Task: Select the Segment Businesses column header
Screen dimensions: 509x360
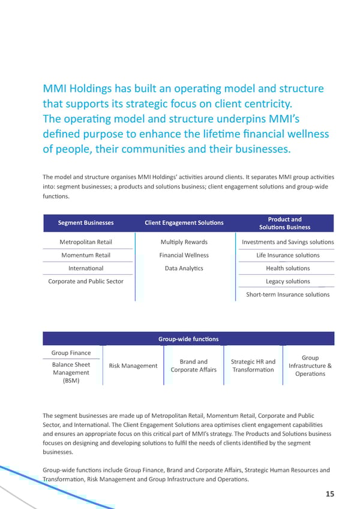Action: (x=86, y=223)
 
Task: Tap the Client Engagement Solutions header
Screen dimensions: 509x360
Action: (x=184, y=223)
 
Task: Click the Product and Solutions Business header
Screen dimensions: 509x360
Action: (x=284, y=223)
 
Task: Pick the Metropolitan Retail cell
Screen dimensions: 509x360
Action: (x=86, y=242)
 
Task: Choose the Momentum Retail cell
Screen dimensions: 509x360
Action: (x=86, y=255)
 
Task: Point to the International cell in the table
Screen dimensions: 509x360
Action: (x=86, y=268)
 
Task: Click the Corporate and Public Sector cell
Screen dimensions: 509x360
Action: (x=86, y=282)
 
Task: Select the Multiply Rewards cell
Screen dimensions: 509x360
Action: (x=184, y=242)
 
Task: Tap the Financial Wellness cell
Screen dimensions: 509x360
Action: (x=184, y=255)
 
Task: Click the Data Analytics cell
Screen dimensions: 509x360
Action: (x=184, y=268)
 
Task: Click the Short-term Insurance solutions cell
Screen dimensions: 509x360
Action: (x=288, y=295)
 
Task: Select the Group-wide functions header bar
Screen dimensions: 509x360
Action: (x=188, y=339)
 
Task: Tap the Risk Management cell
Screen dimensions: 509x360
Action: (x=133, y=366)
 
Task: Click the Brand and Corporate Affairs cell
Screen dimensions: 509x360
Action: (x=194, y=366)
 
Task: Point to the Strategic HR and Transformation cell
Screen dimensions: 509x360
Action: (x=253, y=366)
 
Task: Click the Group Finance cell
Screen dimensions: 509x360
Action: (x=71, y=353)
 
